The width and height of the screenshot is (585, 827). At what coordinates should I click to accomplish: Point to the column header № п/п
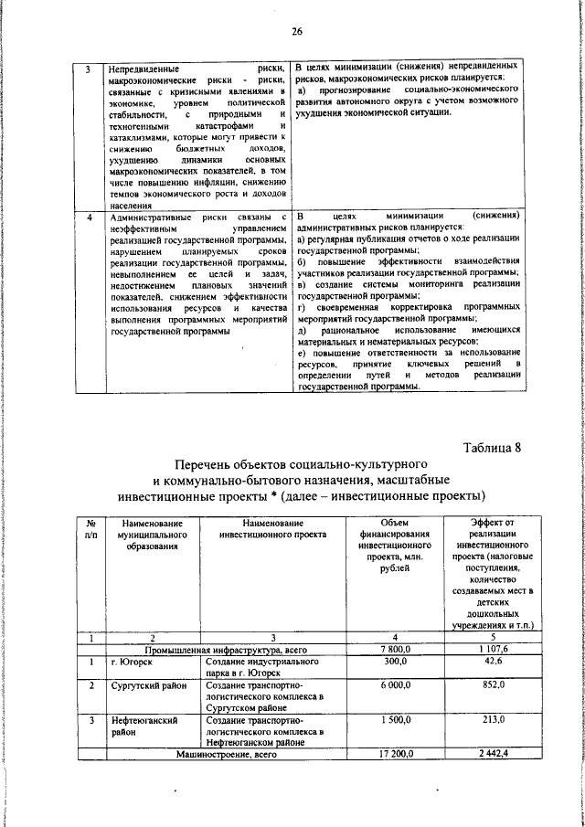pos(90,527)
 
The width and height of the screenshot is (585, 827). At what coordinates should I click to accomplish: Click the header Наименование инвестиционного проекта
pos(273,527)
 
